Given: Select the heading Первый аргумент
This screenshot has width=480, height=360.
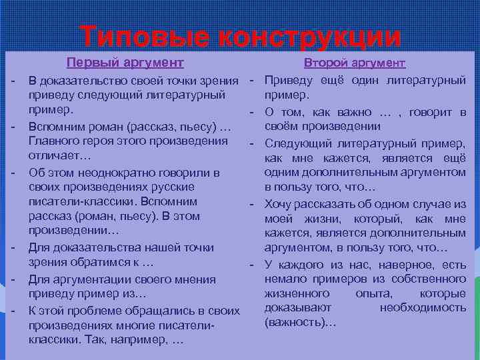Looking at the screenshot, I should [125, 63].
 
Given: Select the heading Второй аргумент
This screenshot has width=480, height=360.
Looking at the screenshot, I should [355, 63].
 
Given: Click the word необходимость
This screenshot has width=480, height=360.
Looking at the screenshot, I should [423, 308].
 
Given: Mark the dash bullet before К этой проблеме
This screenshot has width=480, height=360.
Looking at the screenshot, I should [13, 309].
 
